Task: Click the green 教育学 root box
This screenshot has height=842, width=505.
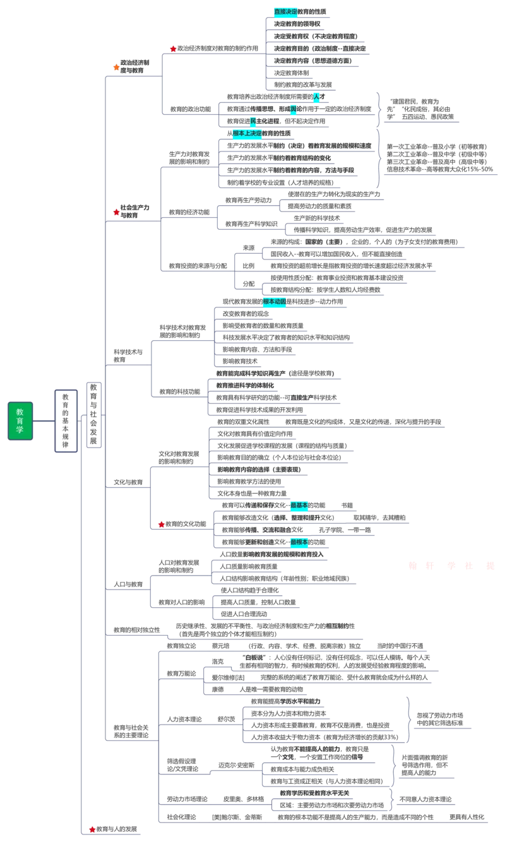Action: pos(20,421)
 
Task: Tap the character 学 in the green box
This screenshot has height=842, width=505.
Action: pos(20,430)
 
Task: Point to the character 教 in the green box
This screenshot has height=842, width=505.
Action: pos(20,412)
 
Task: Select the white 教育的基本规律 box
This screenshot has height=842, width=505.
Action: pos(66,421)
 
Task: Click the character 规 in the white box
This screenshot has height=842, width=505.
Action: pos(66,436)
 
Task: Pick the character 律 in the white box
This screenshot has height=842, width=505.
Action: pos(66,444)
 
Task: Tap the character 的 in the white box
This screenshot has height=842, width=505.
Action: pos(66,413)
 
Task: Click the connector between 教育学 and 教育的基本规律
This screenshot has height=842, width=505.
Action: pos(43,421)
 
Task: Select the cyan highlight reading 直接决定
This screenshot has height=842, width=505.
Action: pos(285,11)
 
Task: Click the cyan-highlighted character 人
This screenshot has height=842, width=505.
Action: pos(316,96)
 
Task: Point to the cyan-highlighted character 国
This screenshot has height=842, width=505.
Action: pos(294,109)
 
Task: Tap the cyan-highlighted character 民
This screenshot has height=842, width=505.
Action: pos(252,121)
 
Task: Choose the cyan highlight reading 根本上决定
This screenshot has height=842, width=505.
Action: pos(247,133)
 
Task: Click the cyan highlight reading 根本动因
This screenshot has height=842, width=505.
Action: pos(275,302)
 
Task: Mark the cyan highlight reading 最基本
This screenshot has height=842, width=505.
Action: pos(299,505)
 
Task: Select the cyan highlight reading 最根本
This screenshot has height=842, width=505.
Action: pos(299,542)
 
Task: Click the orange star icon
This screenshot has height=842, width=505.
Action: pos(116,67)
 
